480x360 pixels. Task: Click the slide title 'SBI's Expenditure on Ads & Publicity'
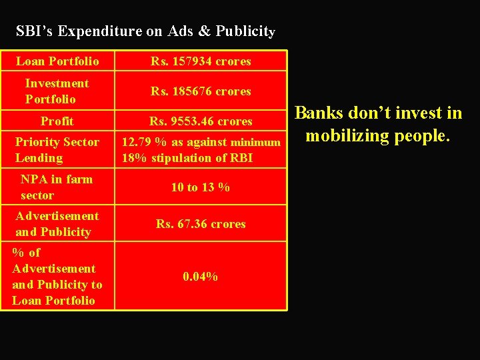point(145,31)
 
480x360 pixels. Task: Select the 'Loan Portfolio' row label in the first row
point(57,61)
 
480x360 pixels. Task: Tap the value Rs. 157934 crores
point(201,61)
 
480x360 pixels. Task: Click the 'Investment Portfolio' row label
point(57,91)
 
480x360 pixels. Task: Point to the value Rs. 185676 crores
point(201,91)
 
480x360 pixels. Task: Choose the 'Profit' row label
point(57,121)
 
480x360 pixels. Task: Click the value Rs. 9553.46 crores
point(201,121)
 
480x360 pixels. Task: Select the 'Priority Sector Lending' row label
point(57,150)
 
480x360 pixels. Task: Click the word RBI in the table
point(241,158)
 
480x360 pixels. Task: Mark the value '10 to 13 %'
point(201,187)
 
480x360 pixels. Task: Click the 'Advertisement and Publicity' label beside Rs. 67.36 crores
point(57,224)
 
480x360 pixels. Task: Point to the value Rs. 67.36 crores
point(201,224)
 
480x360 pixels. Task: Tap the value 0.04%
point(201,276)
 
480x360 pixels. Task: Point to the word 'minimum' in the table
point(255,143)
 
